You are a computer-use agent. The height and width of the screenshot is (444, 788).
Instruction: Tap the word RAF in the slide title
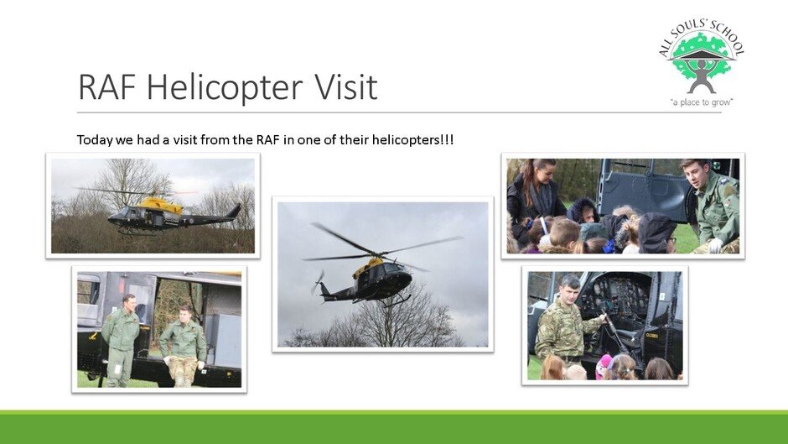[107, 87]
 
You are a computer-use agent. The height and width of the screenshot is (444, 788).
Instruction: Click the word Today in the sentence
[95, 140]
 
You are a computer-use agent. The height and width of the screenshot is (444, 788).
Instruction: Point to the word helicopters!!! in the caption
[412, 139]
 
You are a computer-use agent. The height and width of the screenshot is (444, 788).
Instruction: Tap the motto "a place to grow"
[702, 102]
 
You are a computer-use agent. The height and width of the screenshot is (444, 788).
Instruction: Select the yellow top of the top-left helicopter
[160, 205]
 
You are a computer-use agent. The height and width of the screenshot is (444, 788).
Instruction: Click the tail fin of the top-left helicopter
[234, 211]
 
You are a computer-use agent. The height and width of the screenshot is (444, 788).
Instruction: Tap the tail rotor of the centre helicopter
[318, 282]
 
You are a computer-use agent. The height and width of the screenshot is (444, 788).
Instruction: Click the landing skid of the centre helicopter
[397, 301]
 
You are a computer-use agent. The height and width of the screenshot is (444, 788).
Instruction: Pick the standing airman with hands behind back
[121, 340]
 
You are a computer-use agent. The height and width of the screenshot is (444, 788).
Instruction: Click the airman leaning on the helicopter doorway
[183, 347]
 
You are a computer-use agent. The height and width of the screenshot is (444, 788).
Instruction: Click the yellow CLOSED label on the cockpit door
[652, 335]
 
